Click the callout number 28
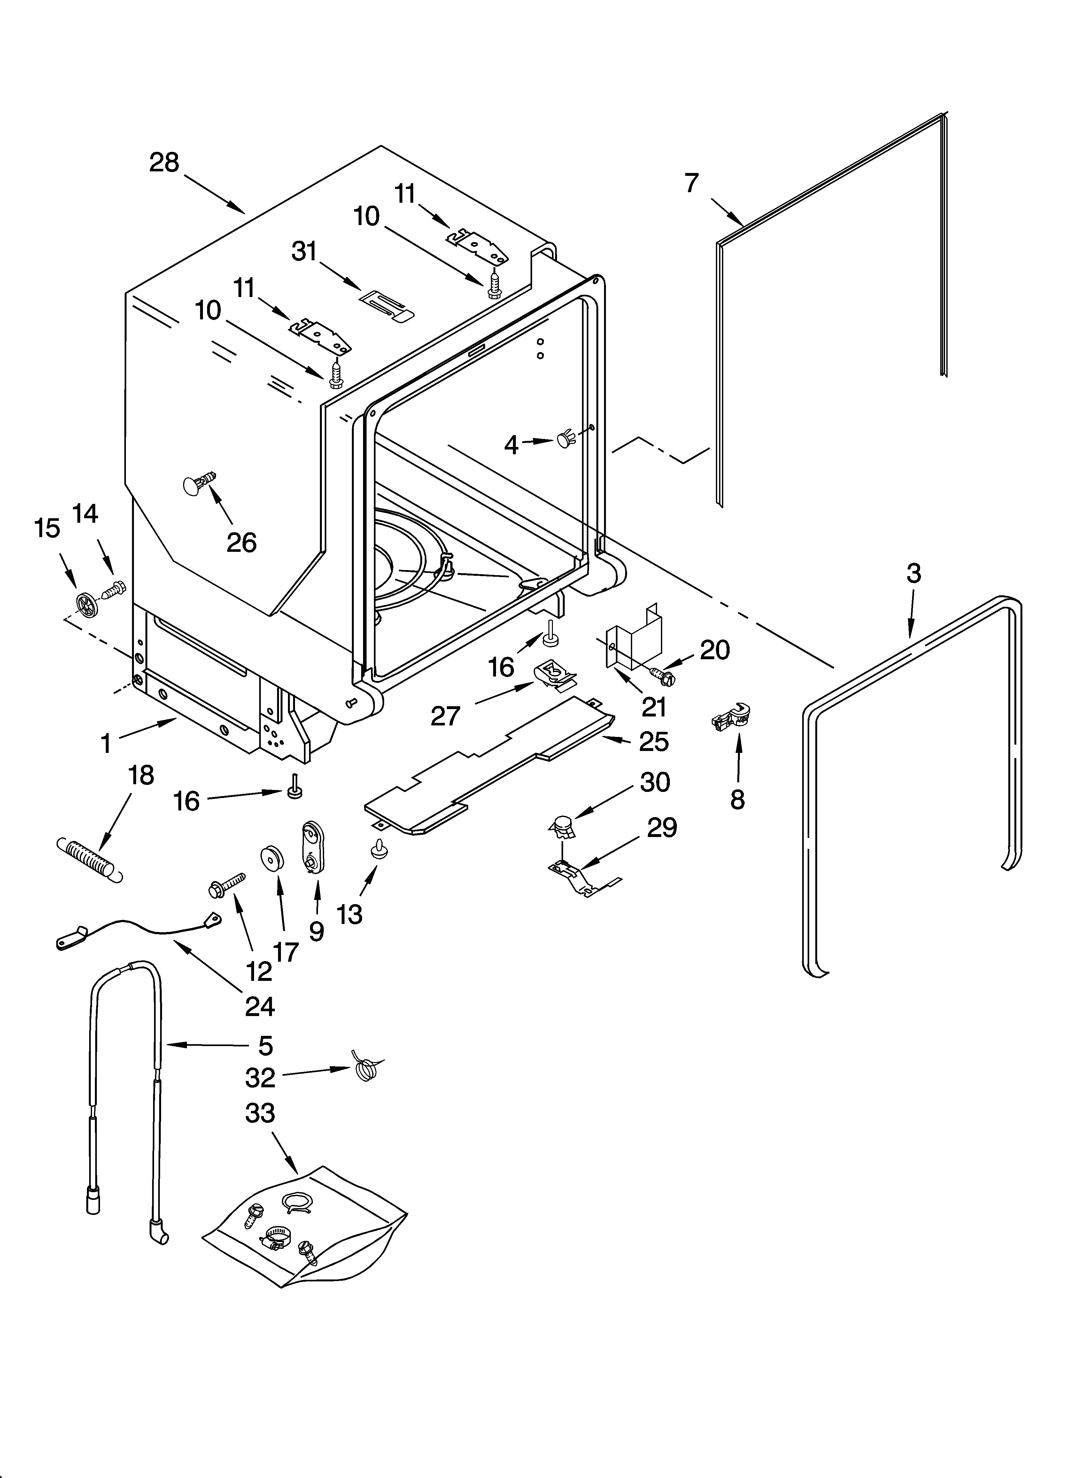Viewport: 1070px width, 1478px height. click(x=164, y=162)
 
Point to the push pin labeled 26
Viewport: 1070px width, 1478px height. click(x=198, y=486)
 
